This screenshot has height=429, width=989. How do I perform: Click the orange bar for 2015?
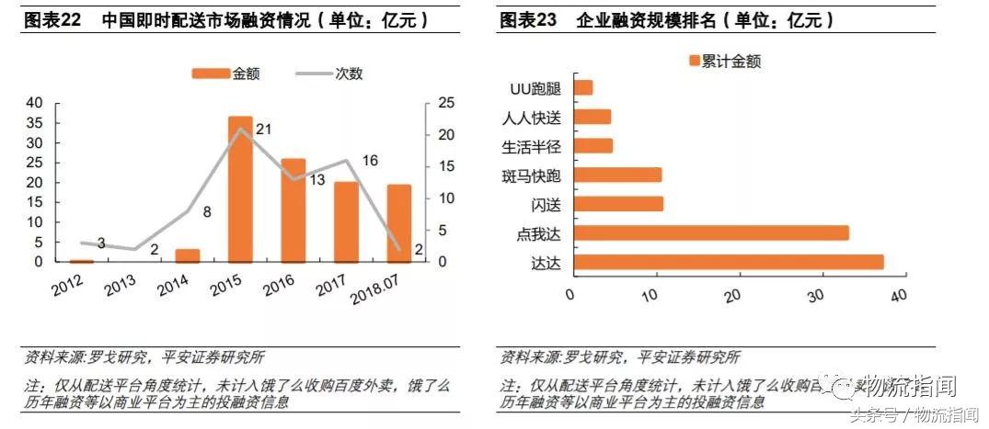240,189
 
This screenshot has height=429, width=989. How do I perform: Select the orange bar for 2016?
293,210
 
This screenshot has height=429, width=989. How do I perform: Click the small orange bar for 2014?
188,255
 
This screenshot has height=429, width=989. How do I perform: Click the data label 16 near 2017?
370,161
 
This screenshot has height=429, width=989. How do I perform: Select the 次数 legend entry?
328,73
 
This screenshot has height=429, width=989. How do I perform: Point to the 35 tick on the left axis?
34,122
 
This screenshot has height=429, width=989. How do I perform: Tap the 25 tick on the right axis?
443,101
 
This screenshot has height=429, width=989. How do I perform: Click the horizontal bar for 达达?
728,262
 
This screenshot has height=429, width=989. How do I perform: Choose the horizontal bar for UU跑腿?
582,87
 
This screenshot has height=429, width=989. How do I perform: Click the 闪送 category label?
546,204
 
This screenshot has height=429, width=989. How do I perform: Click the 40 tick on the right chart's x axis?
898,294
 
